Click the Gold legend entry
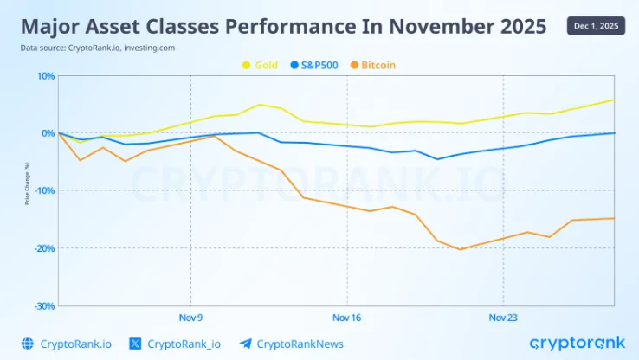261,65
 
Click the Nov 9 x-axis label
190,318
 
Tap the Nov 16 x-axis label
346,318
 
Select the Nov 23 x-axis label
503,318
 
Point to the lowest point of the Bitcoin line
460,249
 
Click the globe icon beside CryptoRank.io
27,344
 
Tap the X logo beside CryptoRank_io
134,344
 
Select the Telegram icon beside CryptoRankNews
245,344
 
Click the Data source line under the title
98,48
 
